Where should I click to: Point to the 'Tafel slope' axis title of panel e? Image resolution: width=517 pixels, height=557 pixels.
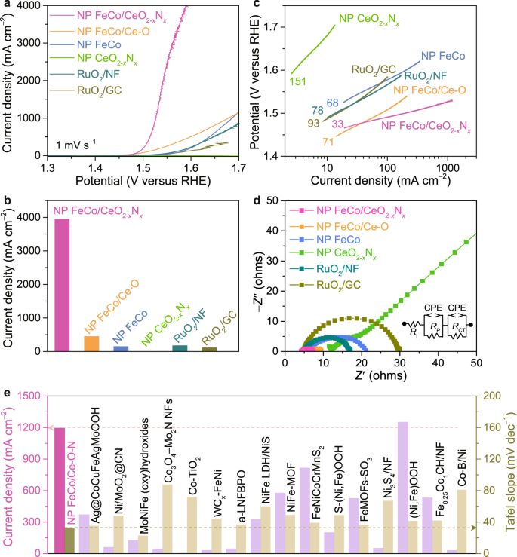511,467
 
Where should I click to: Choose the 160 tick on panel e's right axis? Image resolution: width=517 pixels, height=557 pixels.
486,428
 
